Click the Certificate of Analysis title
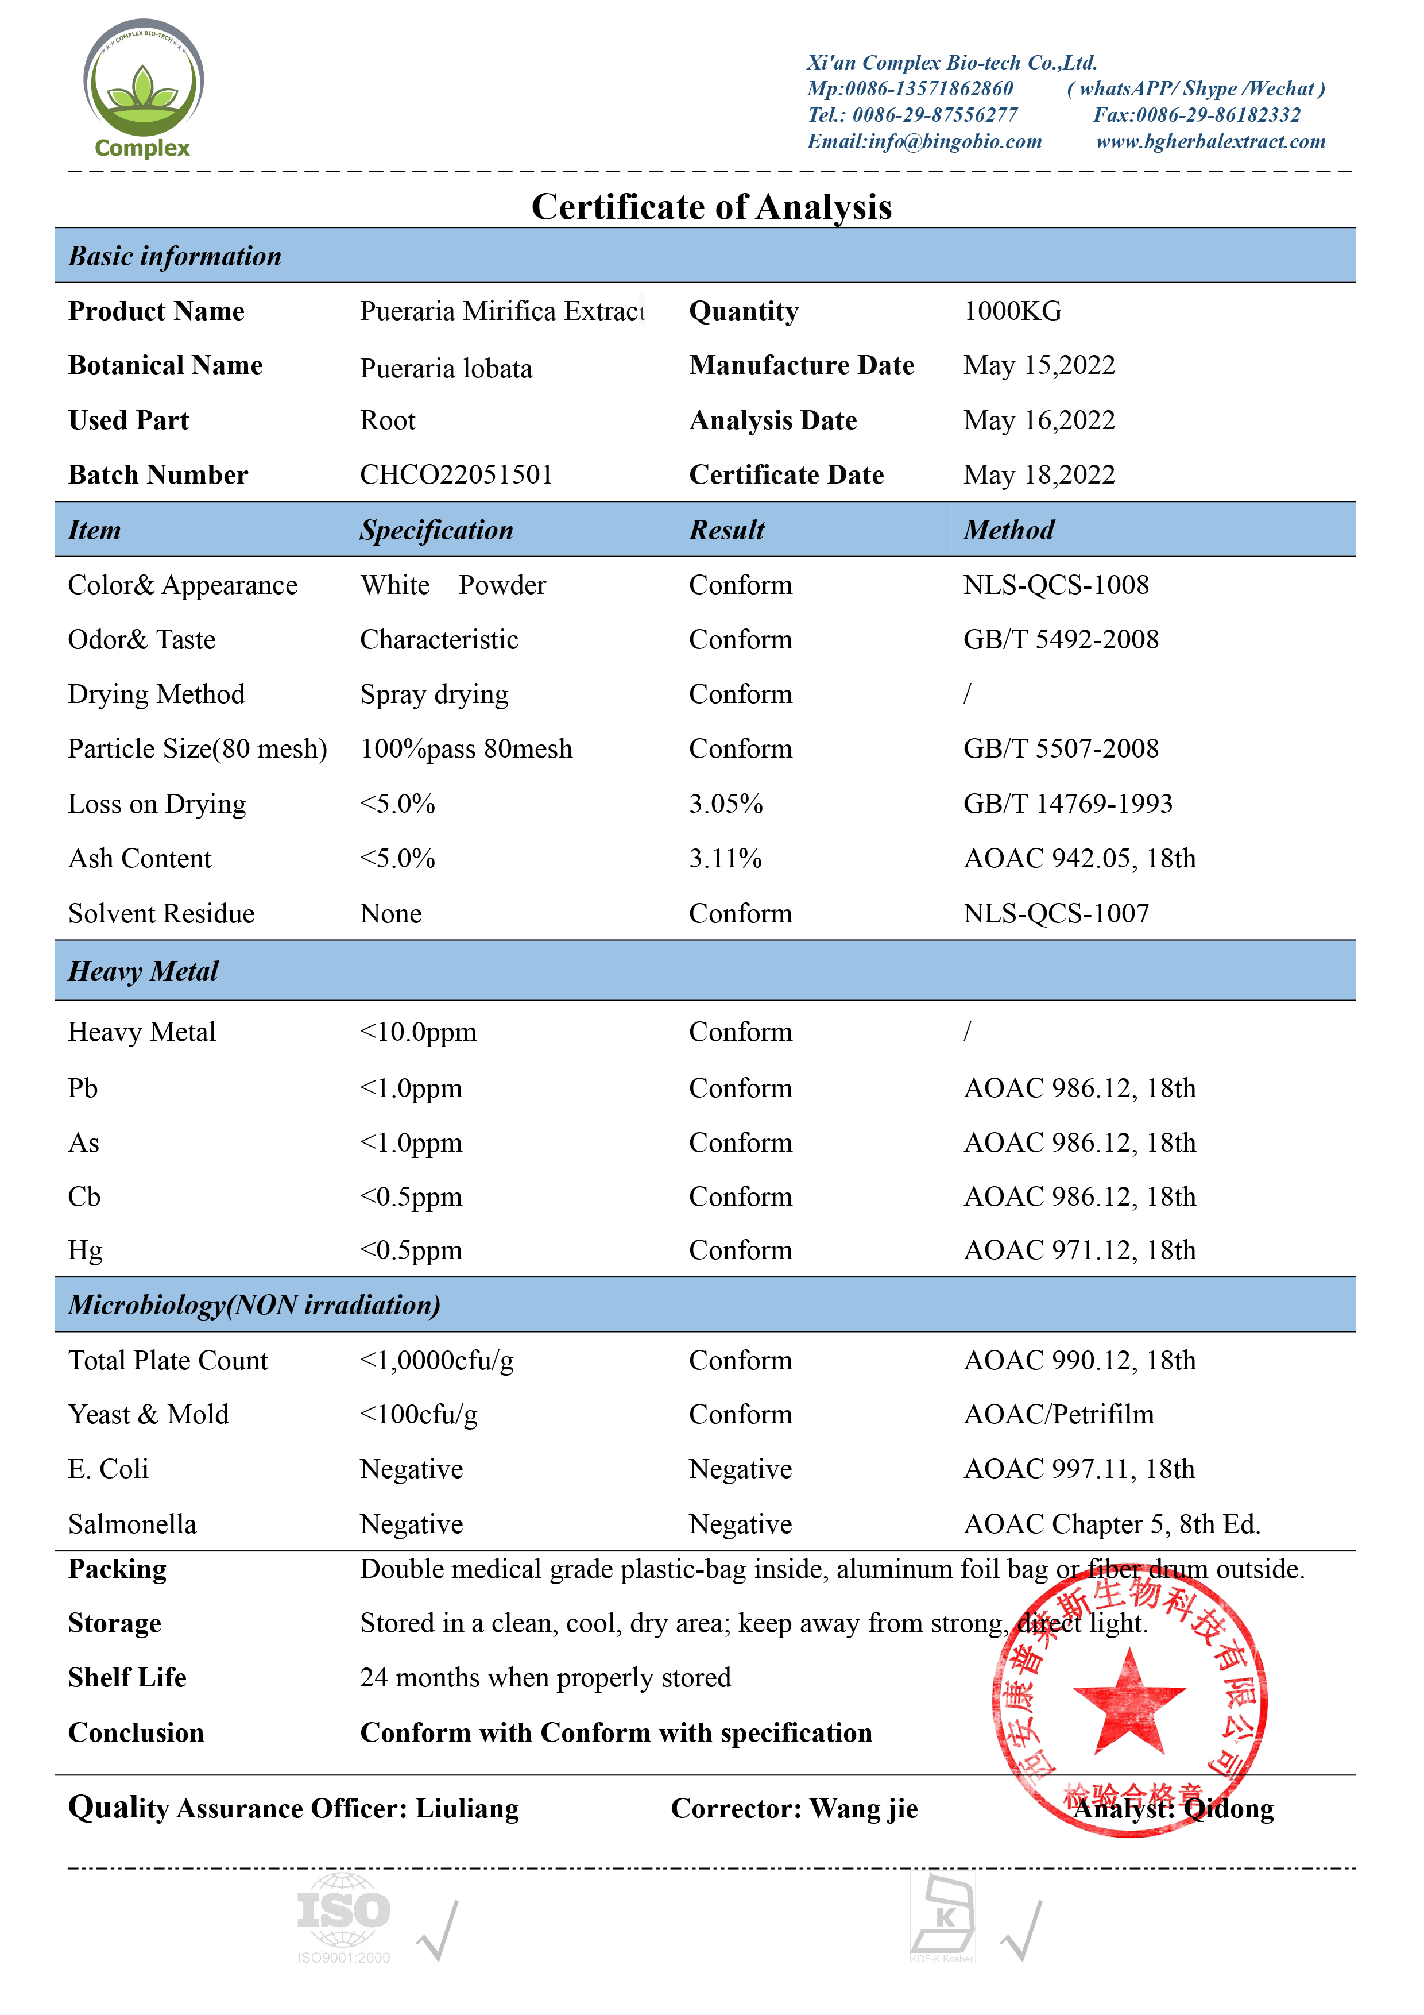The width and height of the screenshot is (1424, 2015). click(x=711, y=207)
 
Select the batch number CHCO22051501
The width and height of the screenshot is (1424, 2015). click(x=456, y=475)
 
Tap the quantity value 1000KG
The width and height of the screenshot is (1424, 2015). click(x=1012, y=311)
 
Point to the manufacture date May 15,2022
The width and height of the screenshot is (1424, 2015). click(x=1039, y=365)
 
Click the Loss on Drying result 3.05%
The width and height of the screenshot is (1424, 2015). click(x=726, y=804)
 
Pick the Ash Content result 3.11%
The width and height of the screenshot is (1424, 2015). click(x=725, y=858)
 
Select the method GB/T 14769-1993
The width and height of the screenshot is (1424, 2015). click(x=1068, y=804)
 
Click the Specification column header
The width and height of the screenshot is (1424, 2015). click(x=436, y=530)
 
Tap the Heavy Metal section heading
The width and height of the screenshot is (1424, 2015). click(x=143, y=971)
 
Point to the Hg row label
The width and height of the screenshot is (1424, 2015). click(x=85, y=1250)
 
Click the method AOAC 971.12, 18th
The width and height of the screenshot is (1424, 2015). click(x=1079, y=1250)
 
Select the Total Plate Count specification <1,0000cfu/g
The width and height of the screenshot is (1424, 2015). click(x=436, y=1360)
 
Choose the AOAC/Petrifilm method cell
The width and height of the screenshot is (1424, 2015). click(x=1058, y=1415)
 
